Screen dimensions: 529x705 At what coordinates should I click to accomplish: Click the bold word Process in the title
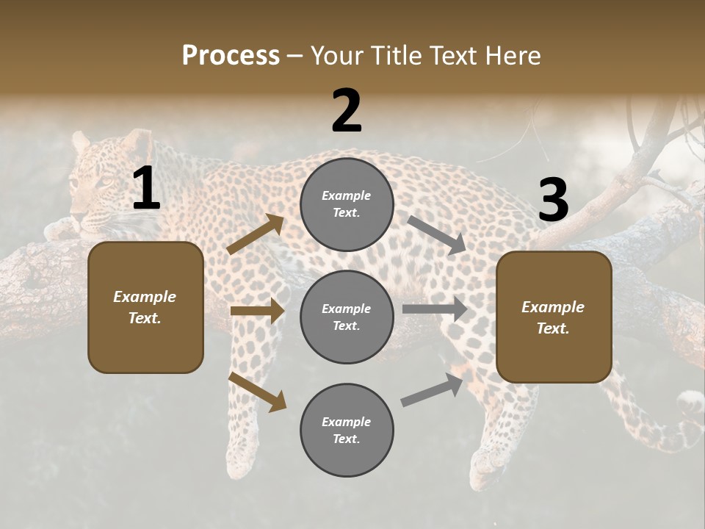[x=231, y=56]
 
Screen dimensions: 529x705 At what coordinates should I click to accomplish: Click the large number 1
[x=145, y=189]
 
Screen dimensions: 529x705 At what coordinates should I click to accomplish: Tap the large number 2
[x=347, y=111]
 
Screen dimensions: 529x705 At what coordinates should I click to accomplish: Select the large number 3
[x=553, y=200]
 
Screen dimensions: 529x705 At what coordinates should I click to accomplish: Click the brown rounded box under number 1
[x=145, y=307]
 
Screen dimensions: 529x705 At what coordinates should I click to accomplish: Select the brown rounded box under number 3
[x=554, y=317]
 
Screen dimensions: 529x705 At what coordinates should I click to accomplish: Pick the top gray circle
[x=347, y=204]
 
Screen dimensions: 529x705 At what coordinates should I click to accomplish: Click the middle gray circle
[x=347, y=317]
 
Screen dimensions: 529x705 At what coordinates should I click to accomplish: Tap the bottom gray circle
[x=347, y=430]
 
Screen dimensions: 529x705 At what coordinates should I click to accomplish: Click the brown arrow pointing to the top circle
[x=256, y=234]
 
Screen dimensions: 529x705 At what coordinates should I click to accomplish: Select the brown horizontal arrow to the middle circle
[x=257, y=311]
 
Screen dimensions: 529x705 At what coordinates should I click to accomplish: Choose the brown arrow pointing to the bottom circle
[x=257, y=392]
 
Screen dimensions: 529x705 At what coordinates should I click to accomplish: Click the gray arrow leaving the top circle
[x=437, y=234]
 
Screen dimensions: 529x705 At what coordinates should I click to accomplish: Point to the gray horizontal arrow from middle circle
[x=435, y=309]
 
